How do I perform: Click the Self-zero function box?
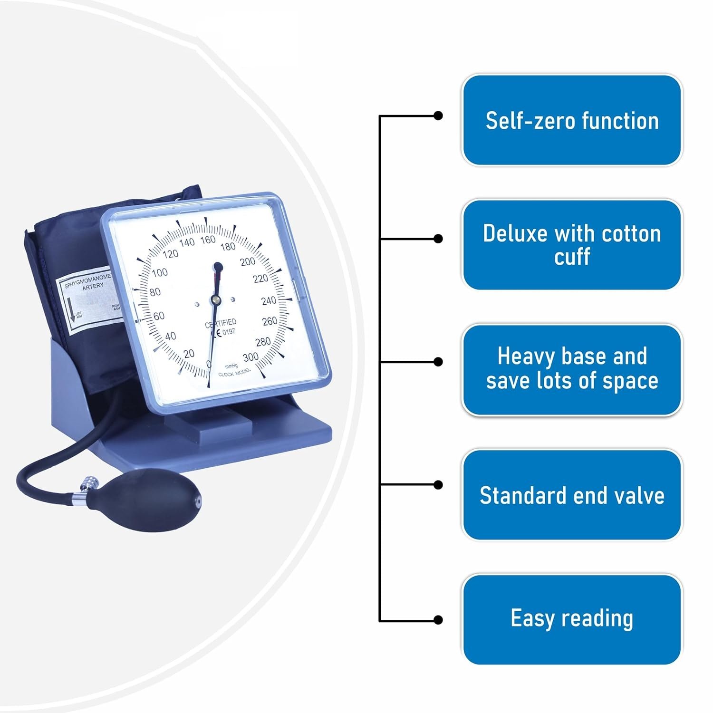pyautogui.click(x=572, y=120)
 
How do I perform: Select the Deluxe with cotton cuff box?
pyautogui.click(x=572, y=245)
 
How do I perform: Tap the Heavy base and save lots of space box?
pyautogui.click(x=572, y=369)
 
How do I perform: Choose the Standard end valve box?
pyautogui.click(x=572, y=495)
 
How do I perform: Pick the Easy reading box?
pyautogui.click(x=572, y=618)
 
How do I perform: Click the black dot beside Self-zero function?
pyautogui.click(x=438, y=116)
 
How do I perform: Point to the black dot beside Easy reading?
pyautogui.click(x=438, y=619)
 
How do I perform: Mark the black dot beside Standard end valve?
pyautogui.click(x=438, y=484)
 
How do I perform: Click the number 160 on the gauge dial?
pyautogui.click(x=208, y=241)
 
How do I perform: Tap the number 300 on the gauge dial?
pyautogui.click(x=251, y=357)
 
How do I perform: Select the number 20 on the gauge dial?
pyautogui.click(x=189, y=354)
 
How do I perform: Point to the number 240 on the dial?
pyautogui.click(x=269, y=300)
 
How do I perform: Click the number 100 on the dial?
pyautogui.click(x=160, y=272)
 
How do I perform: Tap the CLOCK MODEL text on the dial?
pyautogui.click(x=234, y=373)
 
